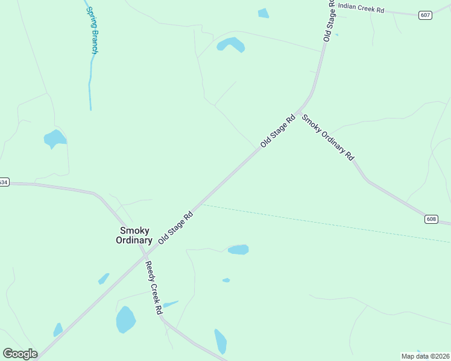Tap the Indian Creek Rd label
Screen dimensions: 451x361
pos(361,8)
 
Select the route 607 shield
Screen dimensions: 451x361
pos(425,15)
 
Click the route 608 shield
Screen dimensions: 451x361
pos(430,219)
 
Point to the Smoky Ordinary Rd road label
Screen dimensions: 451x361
pos(328,137)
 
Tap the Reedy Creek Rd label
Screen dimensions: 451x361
pos(153,288)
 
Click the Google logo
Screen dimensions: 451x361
pos(20,354)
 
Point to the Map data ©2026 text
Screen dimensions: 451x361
pos(425,356)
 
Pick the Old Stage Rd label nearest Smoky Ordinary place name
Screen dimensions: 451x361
pos(175,227)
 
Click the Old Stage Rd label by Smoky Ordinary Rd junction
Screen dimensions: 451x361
pos(277,131)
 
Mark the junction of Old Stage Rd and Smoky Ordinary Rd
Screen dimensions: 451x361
pos(298,113)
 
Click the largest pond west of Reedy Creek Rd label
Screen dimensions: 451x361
pos(125,319)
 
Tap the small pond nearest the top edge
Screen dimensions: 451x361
pos(263,13)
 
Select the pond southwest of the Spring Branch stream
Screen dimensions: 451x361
pos(54,139)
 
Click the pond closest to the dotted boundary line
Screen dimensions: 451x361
pos(238,249)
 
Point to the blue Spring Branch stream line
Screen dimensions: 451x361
pos(90,84)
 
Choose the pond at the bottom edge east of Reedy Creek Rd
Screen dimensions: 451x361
pos(221,341)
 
